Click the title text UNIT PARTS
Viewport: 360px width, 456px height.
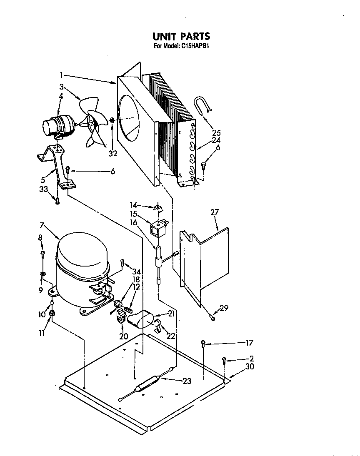181,37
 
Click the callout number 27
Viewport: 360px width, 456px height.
215,212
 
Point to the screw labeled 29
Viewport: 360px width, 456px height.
212,318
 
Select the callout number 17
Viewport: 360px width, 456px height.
249,344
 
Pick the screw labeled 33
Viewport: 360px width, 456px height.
58,201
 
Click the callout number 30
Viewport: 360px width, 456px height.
250,367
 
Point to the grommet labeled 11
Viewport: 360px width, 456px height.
52,312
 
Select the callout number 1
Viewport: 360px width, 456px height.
61,75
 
